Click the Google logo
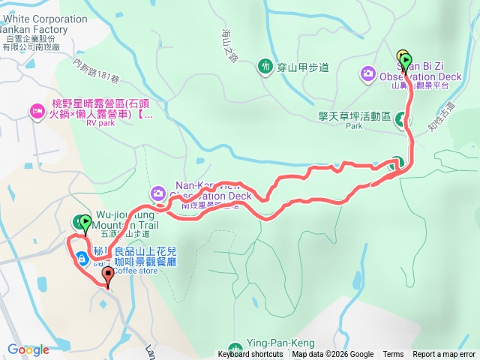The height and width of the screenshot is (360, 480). pos(28,349)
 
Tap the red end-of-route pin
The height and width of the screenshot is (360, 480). pos(107,275)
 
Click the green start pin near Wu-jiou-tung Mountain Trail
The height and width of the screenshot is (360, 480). pos(85,223)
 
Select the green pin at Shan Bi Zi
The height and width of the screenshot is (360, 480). pos(406,60)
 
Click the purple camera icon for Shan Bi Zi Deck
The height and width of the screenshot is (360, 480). pos(367,73)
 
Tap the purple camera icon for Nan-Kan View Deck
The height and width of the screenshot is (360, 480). pos(157,193)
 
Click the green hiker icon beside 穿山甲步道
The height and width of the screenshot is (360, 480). pos(265,67)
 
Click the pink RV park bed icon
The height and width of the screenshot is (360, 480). pos(36,111)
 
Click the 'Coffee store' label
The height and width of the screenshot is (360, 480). pos(136,271)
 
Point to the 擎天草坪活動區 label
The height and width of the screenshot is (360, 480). pos(354,117)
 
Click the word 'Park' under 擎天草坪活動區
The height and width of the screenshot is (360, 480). pos(354,127)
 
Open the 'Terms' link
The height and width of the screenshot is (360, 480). pos(393,355)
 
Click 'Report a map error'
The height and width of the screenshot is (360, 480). pos(444,355)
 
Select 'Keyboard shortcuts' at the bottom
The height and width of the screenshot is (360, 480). pos(250,355)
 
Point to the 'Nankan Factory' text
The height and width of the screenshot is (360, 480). pos(34,30)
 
